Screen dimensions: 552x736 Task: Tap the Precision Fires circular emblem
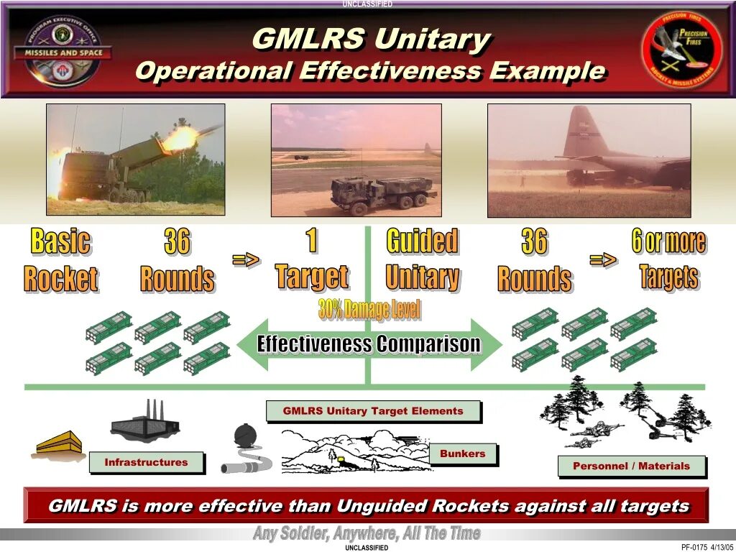683,50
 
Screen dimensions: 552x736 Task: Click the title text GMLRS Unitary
371,39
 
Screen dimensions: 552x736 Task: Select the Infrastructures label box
146,462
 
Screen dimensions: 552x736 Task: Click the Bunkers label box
462,454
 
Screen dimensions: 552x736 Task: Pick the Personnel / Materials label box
630,466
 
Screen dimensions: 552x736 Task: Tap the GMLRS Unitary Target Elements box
372,411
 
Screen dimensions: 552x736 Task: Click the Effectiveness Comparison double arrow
369,344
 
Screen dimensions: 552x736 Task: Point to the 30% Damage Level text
369,310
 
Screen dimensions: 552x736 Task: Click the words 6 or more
668,242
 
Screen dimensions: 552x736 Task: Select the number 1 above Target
311,240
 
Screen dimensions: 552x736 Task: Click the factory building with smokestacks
145,423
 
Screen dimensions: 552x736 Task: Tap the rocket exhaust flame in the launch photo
180,137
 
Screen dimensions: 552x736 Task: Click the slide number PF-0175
694,547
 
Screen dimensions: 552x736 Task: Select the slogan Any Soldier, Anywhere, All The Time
367,534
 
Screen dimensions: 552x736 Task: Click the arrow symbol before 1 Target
246,260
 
